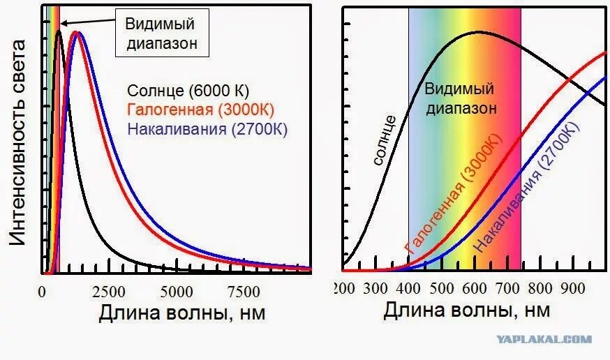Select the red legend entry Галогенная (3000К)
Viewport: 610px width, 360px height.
pos(200,110)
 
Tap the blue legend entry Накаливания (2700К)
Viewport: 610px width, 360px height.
pos(208,129)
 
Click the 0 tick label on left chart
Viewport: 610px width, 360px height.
pos(43,291)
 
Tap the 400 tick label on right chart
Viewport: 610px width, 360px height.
pos(408,287)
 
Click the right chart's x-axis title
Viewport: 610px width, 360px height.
pos(466,310)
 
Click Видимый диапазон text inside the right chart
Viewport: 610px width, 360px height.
pos(459,98)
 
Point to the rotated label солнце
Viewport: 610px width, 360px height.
pos(385,140)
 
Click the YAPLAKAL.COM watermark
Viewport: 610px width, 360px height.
pos(544,340)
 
